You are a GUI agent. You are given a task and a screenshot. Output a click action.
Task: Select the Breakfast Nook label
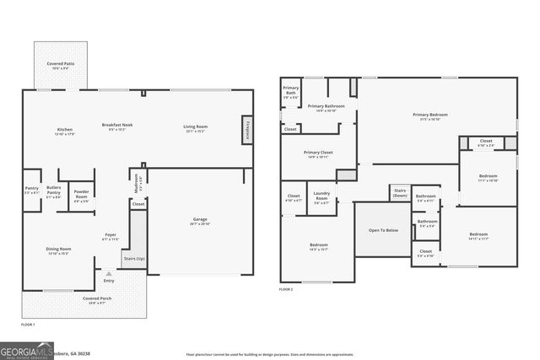click(117, 126)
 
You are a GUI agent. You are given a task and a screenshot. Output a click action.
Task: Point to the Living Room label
click(196, 128)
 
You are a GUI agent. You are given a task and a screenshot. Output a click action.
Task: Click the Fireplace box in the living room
click(247, 128)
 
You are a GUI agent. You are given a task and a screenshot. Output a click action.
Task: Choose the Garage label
click(200, 221)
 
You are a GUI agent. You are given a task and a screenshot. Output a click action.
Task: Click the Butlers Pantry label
click(53, 193)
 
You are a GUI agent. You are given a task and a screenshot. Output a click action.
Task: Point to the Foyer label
click(110, 237)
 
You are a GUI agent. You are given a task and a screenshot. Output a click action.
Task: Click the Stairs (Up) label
click(134, 259)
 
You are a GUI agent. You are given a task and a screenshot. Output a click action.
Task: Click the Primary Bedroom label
click(429, 116)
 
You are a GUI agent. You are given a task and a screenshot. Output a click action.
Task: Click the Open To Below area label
click(382, 230)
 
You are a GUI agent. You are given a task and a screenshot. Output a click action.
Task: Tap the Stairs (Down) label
click(400, 193)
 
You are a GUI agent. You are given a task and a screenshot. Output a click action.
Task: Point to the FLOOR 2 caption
click(287, 289)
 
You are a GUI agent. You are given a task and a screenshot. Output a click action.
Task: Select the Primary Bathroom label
click(321, 108)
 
